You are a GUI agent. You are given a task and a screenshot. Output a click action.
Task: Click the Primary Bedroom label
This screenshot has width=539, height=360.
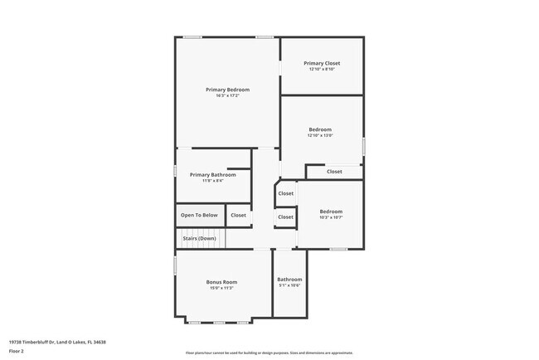tap(227, 90)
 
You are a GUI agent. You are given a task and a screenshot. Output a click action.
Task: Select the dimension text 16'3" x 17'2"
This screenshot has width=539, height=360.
tap(227, 96)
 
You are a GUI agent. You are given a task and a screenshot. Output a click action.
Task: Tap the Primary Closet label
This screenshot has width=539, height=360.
tap(321, 63)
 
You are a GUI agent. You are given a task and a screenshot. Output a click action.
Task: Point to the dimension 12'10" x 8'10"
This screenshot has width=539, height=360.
tap(321, 69)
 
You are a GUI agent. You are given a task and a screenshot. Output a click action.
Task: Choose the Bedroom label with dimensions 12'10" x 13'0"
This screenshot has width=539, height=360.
tap(320, 129)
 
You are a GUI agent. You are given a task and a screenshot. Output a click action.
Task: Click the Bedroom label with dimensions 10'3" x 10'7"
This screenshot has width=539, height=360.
tap(331, 212)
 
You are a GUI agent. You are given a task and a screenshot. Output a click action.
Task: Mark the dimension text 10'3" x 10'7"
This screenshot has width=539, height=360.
tap(331, 217)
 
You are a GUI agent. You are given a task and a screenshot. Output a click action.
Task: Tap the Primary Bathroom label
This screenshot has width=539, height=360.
tap(212, 175)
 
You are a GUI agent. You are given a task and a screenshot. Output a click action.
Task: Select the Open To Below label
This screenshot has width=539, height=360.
tap(199, 215)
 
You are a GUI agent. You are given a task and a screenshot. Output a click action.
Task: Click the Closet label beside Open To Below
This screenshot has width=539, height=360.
tap(238, 215)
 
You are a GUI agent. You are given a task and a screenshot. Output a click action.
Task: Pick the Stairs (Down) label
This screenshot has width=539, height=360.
tap(199, 238)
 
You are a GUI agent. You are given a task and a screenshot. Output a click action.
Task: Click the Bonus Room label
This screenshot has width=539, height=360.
tap(221, 282)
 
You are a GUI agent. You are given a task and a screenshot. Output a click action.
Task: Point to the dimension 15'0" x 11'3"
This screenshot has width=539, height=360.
tap(221, 289)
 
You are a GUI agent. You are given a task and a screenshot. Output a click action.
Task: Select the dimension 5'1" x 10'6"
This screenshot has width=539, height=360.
tap(289, 286)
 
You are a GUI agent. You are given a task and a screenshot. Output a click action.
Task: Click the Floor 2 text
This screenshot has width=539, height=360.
tap(17, 351)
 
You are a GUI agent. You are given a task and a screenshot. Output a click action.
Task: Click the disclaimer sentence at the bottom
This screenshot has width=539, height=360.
tap(269, 353)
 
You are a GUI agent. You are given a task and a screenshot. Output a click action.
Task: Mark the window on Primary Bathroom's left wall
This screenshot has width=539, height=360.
tap(175, 171)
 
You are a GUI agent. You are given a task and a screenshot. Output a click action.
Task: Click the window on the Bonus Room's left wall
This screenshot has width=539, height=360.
tap(175, 265)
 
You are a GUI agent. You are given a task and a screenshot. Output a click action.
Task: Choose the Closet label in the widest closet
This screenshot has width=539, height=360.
tap(333, 172)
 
